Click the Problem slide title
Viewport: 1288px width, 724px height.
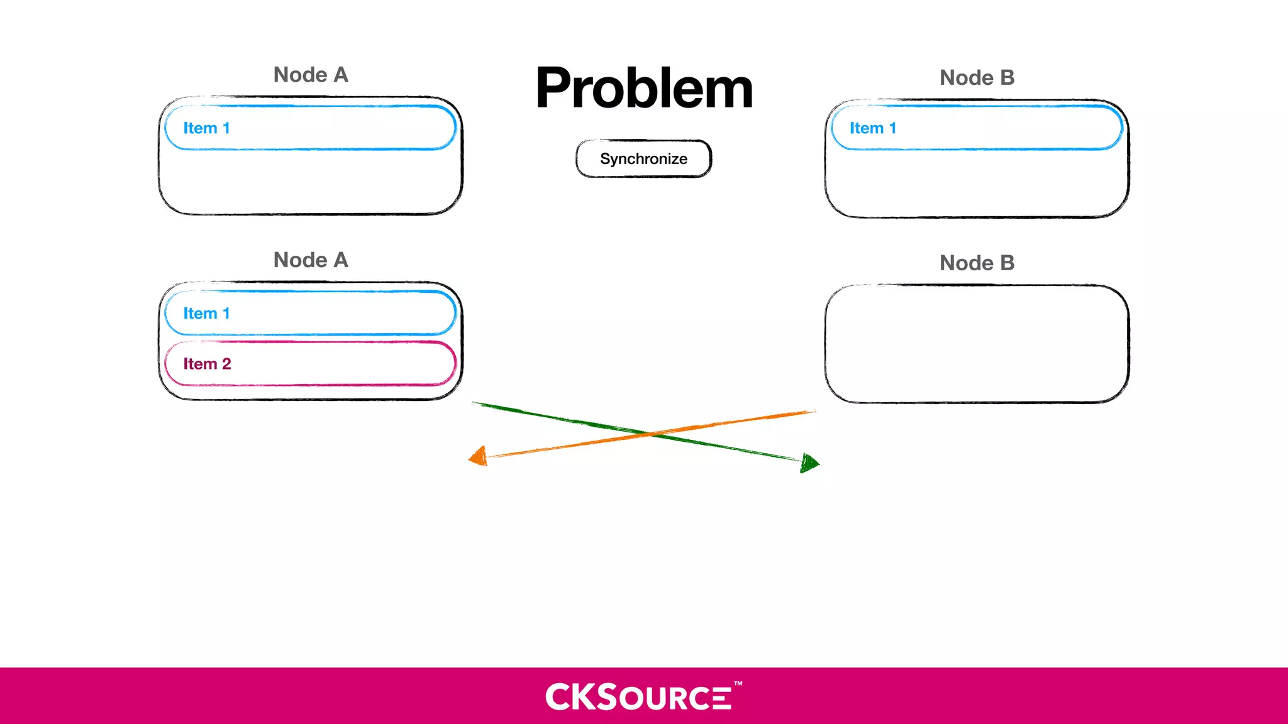click(644, 89)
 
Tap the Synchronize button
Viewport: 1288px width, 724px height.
click(643, 159)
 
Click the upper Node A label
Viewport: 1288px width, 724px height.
click(311, 75)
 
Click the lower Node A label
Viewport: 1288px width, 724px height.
click(311, 260)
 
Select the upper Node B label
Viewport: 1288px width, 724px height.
click(977, 78)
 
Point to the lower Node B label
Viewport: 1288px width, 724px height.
click(977, 263)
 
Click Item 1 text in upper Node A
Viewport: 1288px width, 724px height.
click(206, 128)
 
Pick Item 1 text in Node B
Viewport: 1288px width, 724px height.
click(873, 128)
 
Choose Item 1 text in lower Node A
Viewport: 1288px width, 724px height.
click(206, 314)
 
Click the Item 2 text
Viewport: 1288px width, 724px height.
click(207, 364)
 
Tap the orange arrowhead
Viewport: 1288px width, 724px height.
click(479, 456)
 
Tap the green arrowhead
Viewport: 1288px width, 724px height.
click(809, 463)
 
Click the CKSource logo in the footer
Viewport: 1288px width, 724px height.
click(638, 697)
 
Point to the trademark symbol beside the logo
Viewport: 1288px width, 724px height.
click(738, 683)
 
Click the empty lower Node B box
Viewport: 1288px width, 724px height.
click(977, 344)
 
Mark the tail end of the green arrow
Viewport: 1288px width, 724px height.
click(474, 403)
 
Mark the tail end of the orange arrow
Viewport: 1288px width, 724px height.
click(814, 412)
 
